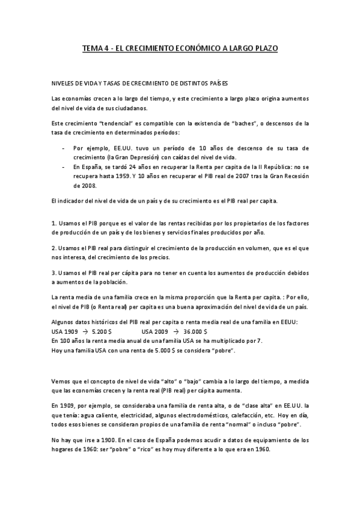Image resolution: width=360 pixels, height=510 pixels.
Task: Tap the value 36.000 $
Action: point(196,331)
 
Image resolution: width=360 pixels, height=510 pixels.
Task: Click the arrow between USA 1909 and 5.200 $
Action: point(85,331)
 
